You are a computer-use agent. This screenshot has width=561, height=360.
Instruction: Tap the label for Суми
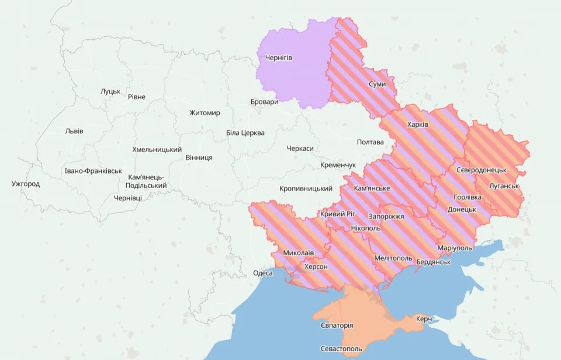377,85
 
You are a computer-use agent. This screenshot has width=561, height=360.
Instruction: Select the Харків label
417,125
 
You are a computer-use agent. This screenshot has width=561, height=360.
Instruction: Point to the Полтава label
370,142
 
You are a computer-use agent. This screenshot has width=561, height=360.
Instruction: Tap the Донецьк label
462,209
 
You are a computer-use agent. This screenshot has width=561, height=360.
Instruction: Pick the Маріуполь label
454,248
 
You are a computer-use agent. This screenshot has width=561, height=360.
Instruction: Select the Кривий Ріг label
337,214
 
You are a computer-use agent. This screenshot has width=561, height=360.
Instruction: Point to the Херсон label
316,266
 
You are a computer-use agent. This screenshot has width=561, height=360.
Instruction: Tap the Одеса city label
263,274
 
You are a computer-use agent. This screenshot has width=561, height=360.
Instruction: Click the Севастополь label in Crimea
341,349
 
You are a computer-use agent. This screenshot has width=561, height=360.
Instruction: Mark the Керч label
424,319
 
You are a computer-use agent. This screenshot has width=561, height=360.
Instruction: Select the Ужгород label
26,184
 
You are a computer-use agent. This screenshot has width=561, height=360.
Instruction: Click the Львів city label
74,131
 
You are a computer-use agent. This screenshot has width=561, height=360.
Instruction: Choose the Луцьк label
110,91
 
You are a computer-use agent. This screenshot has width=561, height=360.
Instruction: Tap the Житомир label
205,113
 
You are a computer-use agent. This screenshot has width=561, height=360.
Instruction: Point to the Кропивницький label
306,189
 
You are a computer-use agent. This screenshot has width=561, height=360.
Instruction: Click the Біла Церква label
245,133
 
